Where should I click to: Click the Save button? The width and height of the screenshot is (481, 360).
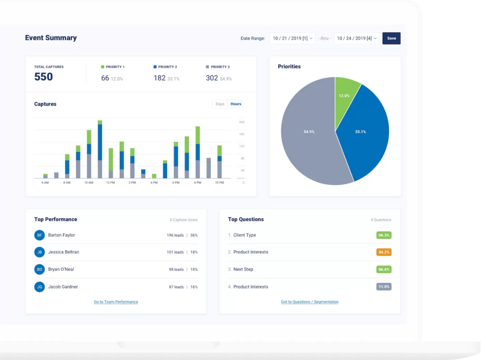point(391,38)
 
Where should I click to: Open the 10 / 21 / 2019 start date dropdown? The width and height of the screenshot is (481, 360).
point(292,38)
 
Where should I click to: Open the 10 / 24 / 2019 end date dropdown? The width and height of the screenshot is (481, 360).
point(357,38)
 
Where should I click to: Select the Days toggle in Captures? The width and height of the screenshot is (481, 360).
point(220,104)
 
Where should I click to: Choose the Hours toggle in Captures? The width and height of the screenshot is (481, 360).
point(236,104)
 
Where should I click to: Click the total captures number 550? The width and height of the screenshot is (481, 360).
point(44,77)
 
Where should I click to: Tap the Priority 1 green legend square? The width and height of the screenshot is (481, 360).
point(102,67)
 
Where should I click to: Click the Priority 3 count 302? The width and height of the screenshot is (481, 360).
point(212,78)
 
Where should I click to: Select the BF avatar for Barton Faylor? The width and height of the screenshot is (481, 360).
point(39,235)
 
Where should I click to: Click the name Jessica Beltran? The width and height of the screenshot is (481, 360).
point(63,252)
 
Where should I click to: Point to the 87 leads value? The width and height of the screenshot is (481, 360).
point(176,287)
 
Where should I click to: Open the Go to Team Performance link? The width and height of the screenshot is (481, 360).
point(116,302)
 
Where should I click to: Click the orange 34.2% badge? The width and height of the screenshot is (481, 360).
point(384,252)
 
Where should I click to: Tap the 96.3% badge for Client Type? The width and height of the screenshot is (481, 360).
point(384,235)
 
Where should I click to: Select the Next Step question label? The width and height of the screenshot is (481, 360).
point(243,269)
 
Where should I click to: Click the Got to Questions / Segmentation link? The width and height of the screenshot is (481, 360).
point(310,302)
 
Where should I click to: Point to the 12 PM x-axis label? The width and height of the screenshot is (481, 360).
point(110,183)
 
